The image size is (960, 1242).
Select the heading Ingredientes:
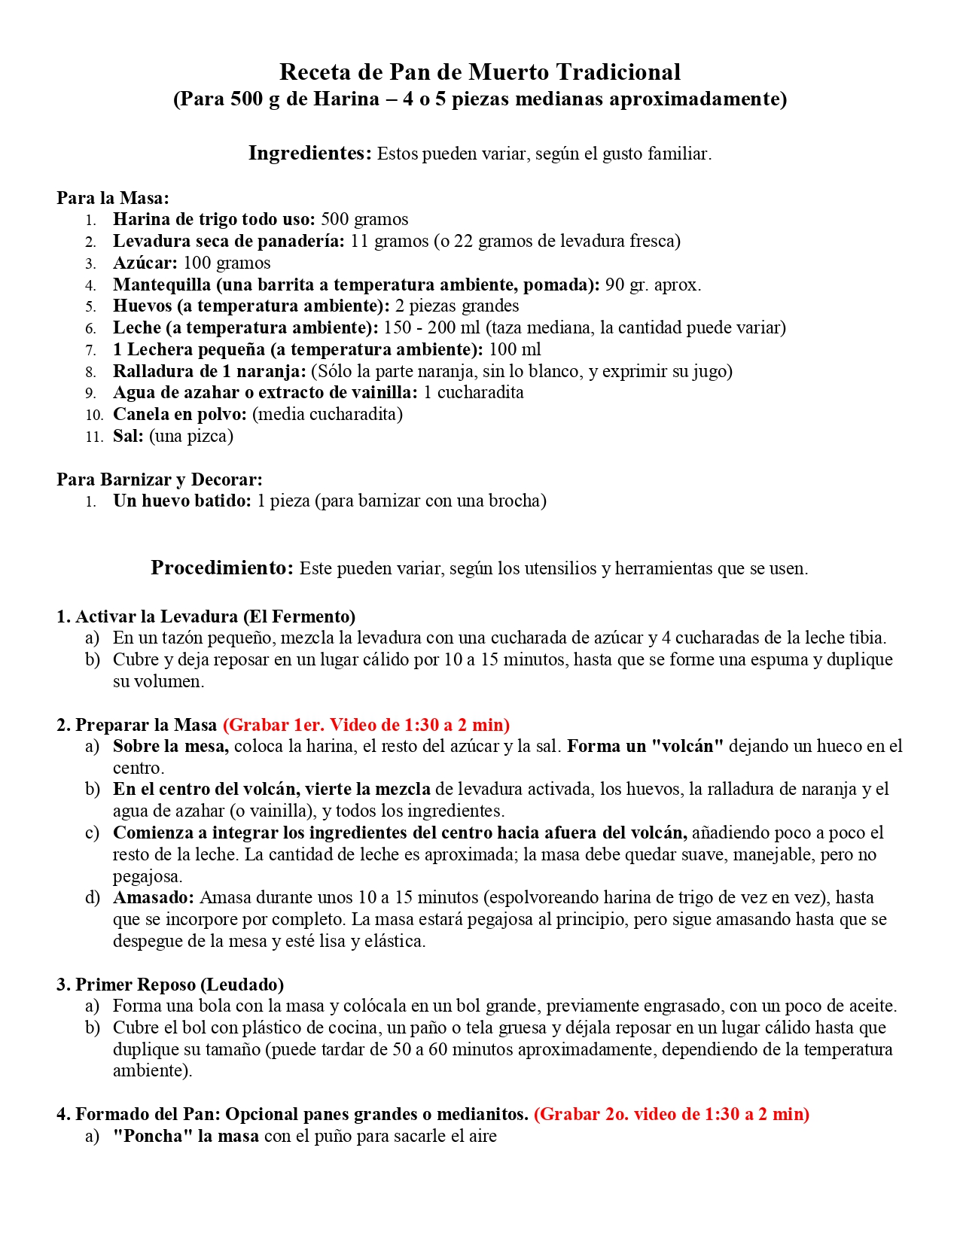310,154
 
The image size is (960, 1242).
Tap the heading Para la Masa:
113,198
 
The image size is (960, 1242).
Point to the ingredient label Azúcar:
145,263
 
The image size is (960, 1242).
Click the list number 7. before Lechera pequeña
90,350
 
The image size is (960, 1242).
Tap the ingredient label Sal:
128,436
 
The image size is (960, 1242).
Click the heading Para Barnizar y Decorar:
160,479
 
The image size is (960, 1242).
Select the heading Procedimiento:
222,568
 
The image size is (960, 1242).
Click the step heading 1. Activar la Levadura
206,616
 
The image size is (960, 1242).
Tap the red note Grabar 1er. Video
366,725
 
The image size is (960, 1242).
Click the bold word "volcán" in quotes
686,746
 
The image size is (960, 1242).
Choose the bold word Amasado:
154,897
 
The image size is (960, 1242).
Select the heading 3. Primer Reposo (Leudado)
170,985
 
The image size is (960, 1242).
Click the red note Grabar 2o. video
671,1114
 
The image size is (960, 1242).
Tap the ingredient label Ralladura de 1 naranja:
209,371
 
